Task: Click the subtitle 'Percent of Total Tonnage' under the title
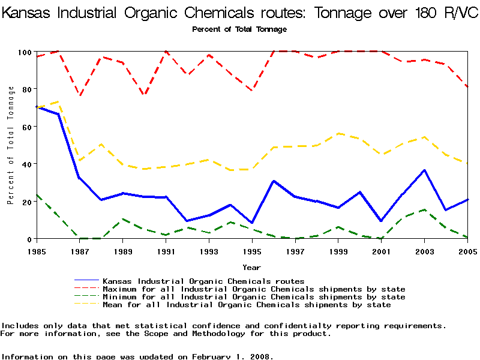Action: pos(239,29)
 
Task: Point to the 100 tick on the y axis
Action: pos(24,52)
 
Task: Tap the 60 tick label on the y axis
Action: pos(26,127)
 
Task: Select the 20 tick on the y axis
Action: pos(26,202)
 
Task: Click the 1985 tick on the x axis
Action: pos(37,250)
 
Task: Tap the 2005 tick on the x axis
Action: pos(467,250)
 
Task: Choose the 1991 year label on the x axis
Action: pos(166,250)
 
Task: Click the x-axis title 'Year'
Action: pos(251,266)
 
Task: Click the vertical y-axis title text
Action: pos(11,145)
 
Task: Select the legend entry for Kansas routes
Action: pos(203,281)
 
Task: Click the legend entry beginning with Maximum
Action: pos(254,289)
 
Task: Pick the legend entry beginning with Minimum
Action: pos(254,297)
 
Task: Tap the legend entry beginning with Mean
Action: pos(247,305)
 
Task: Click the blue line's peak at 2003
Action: pos(424,170)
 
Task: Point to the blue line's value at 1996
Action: pos(274,181)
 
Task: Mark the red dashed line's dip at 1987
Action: pos(80,96)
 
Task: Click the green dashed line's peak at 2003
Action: pos(424,209)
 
